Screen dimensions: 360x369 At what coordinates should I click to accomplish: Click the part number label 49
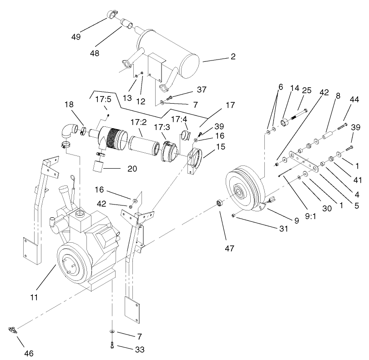click(x=76, y=37)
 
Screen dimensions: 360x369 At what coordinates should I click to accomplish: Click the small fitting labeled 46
click(x=14, y=330)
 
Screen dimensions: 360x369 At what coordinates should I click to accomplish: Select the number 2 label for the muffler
click(x=233, y=57)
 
